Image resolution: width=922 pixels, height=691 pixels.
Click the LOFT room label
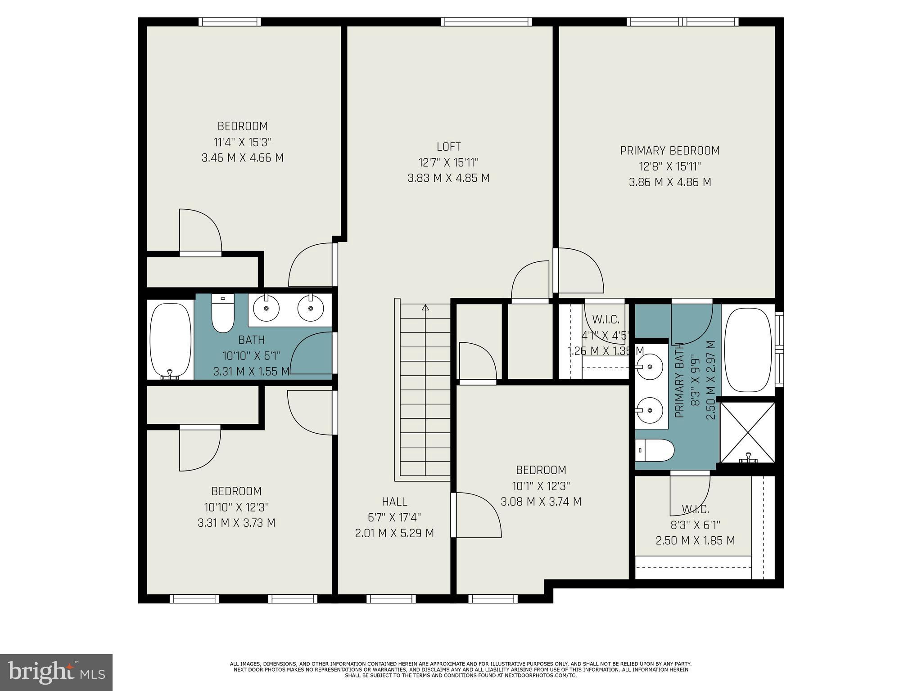[x=448, y=147]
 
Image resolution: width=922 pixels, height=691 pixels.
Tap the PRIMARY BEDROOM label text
[x=670, y=151]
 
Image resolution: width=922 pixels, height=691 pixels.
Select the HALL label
[x=394, y=501]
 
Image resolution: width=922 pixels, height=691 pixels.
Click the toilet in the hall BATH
[x=223, y=313]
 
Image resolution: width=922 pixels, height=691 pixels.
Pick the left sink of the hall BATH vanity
[x=266, y=309]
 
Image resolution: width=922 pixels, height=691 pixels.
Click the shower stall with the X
[x=748, y=432]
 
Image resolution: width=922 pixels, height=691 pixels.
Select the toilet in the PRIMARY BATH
[x=655, y=450]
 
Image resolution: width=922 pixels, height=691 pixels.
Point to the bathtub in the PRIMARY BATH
[x=748, y=350]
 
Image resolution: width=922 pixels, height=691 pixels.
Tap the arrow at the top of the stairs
[x=425, y=308]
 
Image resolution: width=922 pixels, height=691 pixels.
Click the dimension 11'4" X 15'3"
[x=243, y=142]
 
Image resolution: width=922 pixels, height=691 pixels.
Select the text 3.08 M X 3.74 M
[x=541, y=502]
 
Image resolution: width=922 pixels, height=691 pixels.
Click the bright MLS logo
[x=56, y=672]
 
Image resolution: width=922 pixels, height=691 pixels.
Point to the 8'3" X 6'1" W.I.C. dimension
[x=695, y=525]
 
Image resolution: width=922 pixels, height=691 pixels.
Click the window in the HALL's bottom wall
[x=391, y=599]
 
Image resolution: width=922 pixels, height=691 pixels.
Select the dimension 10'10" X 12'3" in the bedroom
[x=236, y=507]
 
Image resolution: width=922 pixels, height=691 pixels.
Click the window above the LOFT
[x=486, y=22]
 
